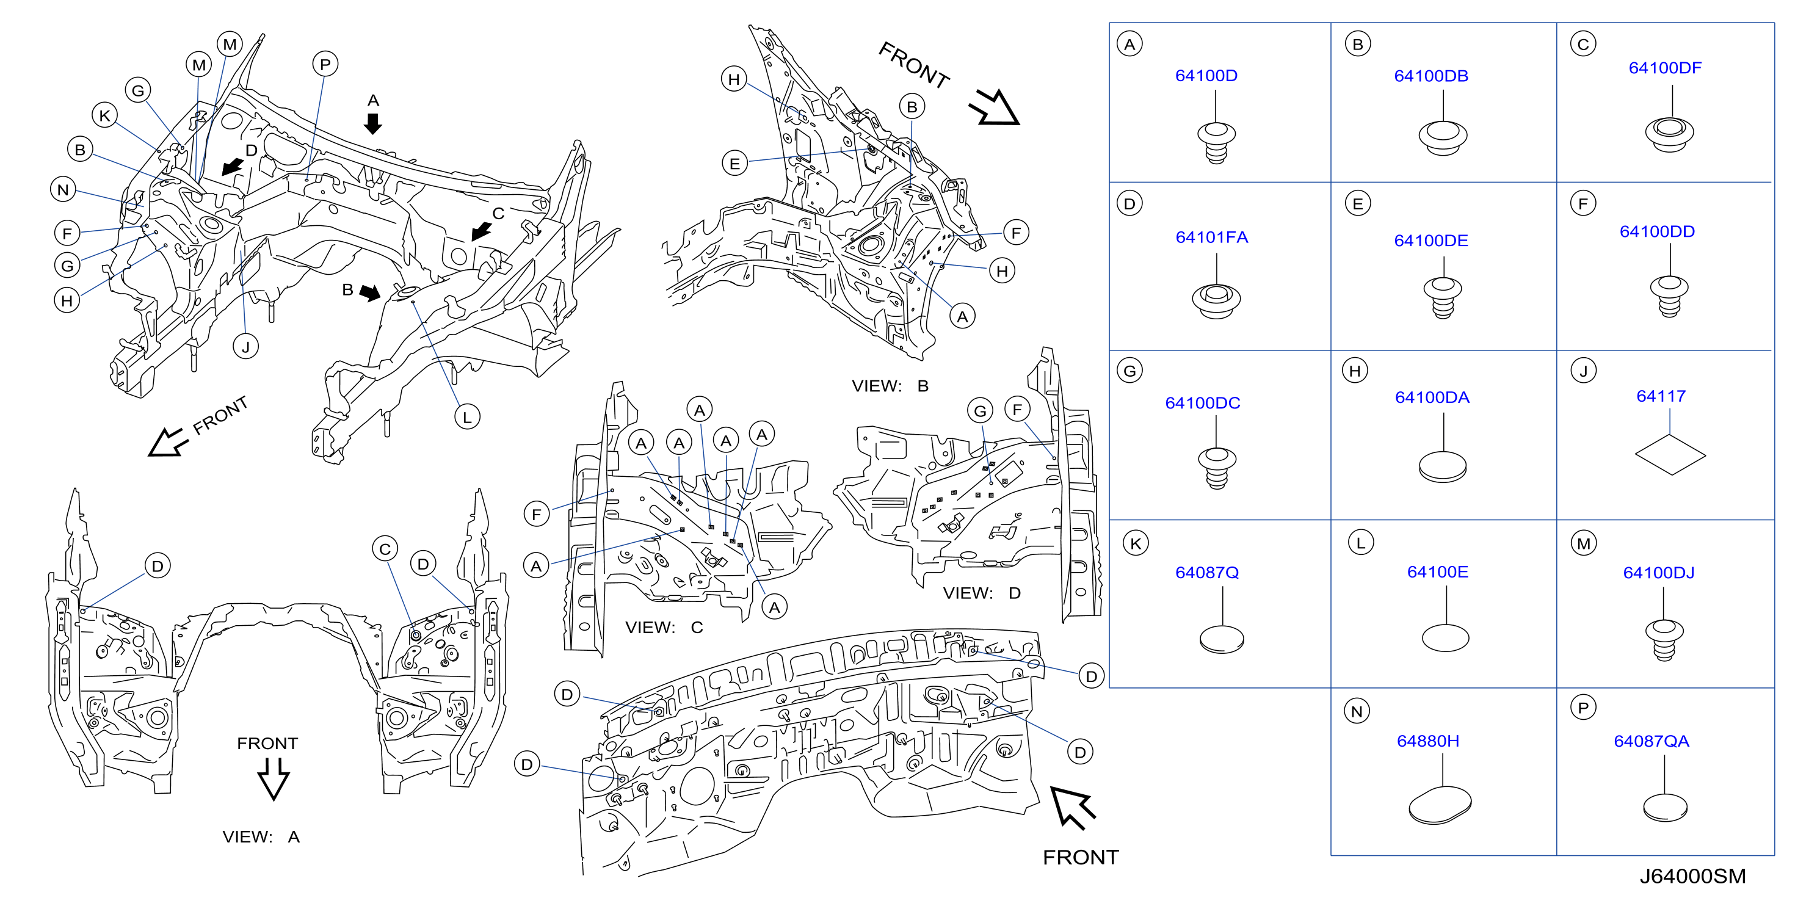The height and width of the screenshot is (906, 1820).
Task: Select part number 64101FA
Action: pos(1212,237)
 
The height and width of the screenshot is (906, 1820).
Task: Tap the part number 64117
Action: pos(1661,396)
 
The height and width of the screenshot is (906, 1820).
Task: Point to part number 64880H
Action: pos(1428,741)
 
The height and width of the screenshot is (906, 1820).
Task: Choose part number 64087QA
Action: pos(1651,741)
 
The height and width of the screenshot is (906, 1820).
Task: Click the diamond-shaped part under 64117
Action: pos(1670,454)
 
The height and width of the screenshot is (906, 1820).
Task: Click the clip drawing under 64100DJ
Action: pos(1664,640)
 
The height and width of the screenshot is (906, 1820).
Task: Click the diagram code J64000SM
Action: pos(1692,876)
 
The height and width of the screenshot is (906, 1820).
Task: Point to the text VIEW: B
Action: pos(890,386)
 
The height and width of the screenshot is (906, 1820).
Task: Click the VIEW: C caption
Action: pos(664,628)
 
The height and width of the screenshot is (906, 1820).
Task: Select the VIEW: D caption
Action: pos(981,593)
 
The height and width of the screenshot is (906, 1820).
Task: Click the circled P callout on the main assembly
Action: pos(325,64)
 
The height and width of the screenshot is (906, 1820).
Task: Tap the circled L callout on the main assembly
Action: pos(467,417)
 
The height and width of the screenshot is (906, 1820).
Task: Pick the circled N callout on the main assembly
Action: pos(63,189)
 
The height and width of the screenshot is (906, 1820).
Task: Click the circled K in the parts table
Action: pos(1136,543)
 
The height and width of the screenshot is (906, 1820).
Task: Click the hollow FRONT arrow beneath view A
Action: pos(274,779)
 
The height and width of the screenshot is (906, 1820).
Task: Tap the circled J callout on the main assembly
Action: pos(246,346)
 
